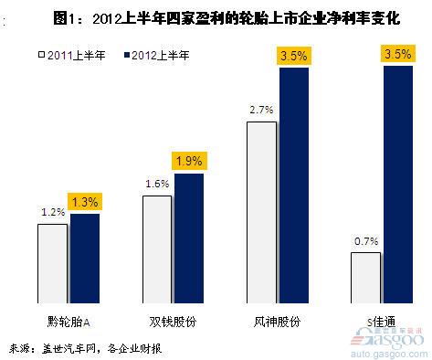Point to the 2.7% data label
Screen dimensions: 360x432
tap(260, 109)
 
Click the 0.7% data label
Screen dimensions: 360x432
tap(365, 241)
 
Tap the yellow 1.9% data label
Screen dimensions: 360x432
tap(189, 162)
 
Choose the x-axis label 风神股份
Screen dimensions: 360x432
tap(279, 322)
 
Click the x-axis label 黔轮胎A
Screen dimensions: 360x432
tap(70, 322)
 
